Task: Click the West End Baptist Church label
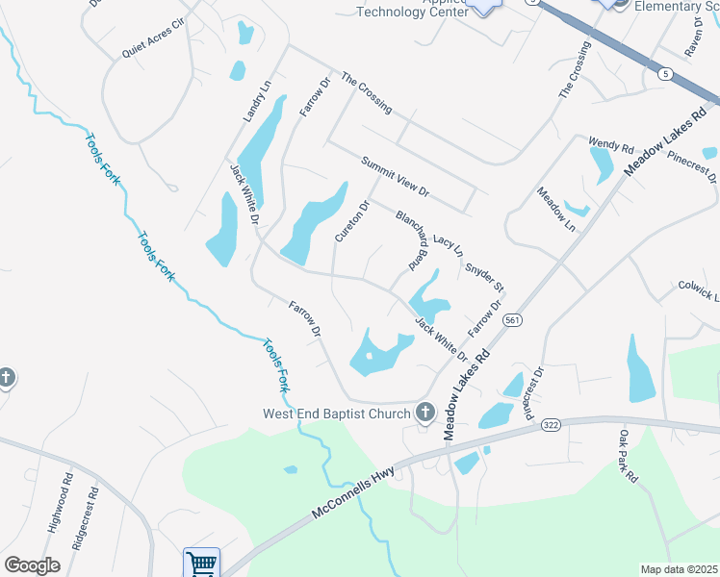338,414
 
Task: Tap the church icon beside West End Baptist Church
424,414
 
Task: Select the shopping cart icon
201,563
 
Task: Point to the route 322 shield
551,424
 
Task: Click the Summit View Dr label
395,177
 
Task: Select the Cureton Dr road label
350,220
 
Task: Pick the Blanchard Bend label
410,238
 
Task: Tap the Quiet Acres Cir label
152,39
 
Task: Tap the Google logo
32,565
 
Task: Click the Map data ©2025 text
679,569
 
